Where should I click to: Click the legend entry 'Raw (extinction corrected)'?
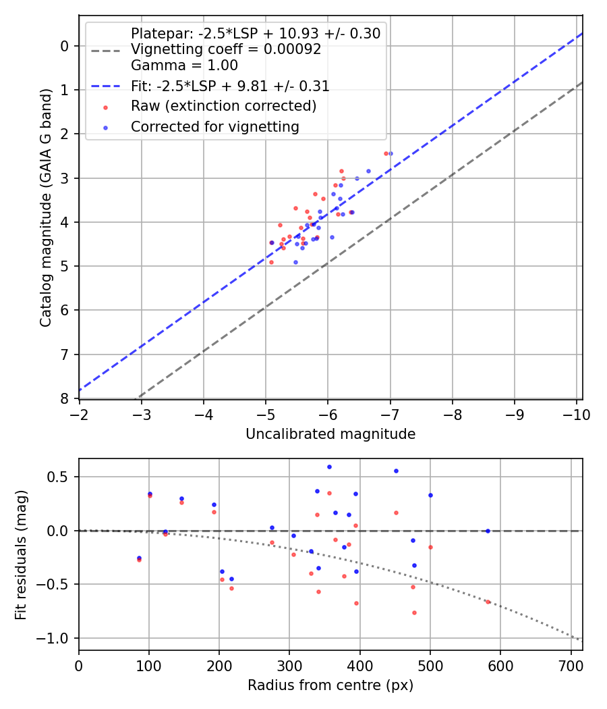[x=223, y=106]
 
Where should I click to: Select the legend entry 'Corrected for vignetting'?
[x=214, y=126]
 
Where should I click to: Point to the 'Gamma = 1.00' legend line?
[x=184, y=66]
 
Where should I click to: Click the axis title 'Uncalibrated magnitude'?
[x=330, y=434]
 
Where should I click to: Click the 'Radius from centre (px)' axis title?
[x=330, y=685]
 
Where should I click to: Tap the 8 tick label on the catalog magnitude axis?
[x=65, y=398]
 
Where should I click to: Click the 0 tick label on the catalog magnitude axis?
[x=65, y=46]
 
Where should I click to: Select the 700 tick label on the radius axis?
[x=571, y=666]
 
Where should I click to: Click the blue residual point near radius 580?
[x=488, y=531]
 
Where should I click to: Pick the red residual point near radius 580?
[x=488, y=602]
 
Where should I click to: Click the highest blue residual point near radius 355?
[x=329, y=467]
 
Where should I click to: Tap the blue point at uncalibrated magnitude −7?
[x=391, y=153]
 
